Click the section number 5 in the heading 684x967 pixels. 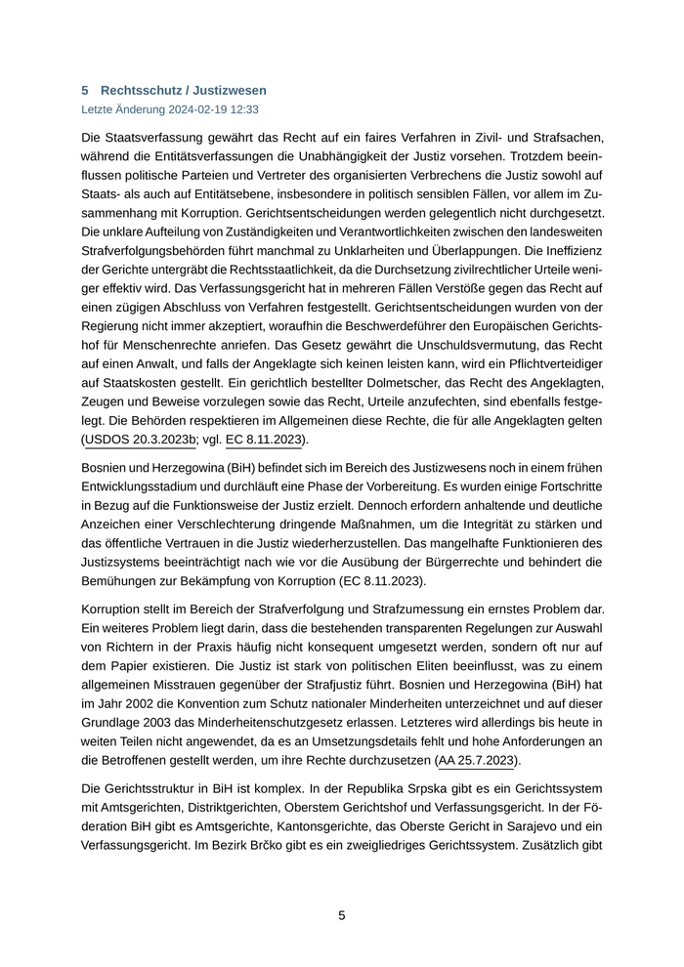(x=86, y=90)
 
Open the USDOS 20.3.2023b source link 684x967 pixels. (x=140, y=440)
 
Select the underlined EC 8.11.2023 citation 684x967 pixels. (x=264, y=440)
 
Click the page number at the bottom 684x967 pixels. (x=342, y=915)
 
